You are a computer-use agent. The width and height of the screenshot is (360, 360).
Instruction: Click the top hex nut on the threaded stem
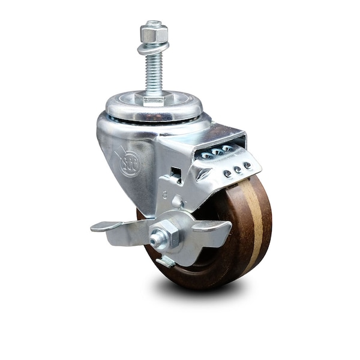click(154, 34)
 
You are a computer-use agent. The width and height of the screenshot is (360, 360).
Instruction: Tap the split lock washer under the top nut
click(153, 47)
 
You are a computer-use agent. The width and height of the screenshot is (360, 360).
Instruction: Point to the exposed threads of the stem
click(154, 72)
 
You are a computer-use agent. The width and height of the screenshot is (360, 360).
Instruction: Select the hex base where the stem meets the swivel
click(154, 97)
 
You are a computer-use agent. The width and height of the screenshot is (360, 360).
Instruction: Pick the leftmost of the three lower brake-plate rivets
click(227, 174)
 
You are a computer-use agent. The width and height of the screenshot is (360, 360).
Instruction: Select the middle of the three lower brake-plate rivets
click(238, 170)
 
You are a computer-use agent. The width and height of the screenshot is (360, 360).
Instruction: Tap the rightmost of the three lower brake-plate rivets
click(247, 166)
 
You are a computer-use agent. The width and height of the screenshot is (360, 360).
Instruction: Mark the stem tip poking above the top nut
click(154, 24)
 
